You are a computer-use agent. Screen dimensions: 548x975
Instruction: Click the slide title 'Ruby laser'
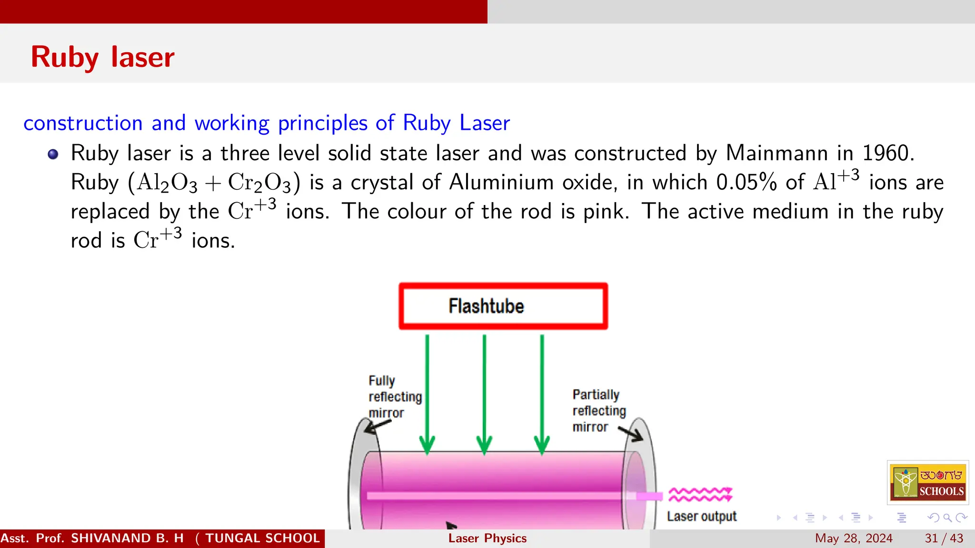coord(102,57)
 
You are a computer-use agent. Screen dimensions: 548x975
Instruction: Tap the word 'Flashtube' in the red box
coord(486,306)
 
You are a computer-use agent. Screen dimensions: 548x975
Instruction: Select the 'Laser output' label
coord(701,516)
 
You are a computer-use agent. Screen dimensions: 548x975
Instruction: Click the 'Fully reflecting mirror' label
coord(394,396)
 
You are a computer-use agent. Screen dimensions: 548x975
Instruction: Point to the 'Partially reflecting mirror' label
coord(598,410)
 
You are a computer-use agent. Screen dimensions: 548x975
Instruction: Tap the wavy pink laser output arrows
coord(700,495)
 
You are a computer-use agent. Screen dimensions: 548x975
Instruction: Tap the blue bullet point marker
coord(53,154)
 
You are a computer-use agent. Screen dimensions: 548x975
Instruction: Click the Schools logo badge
coord(927,482)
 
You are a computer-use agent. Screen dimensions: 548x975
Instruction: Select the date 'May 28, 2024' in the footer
coord(854,538)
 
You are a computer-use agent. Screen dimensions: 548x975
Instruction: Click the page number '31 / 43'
coord(944,538)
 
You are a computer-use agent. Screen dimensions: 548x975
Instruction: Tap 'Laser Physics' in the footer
coord(487,538)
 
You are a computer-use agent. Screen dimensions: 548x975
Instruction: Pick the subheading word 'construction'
coord(83,123)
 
